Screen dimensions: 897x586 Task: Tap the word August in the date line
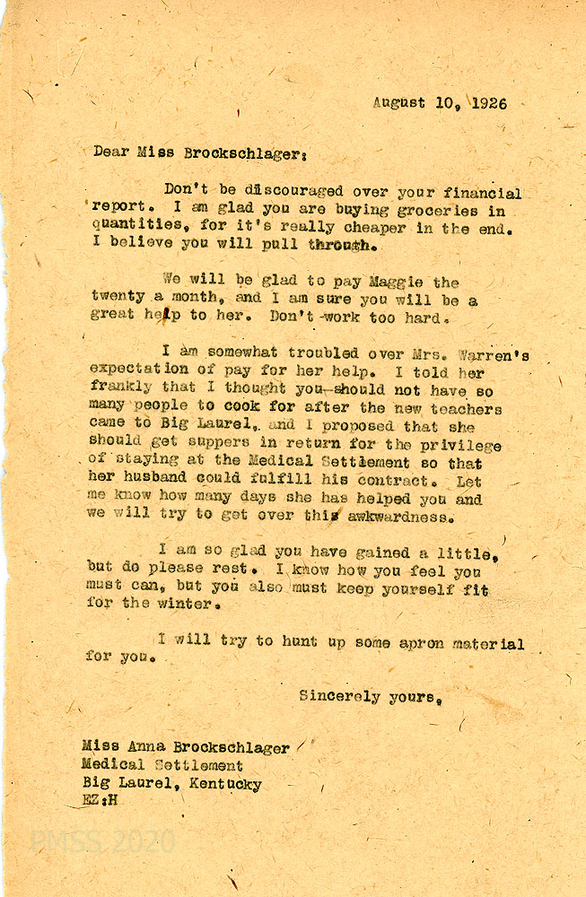(400, 104)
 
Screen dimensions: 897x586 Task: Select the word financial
(484, 194)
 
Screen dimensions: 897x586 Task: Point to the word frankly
(122, 389)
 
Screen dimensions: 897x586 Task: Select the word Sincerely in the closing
(339, 696)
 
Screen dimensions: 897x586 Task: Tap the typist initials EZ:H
(99, 801)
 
